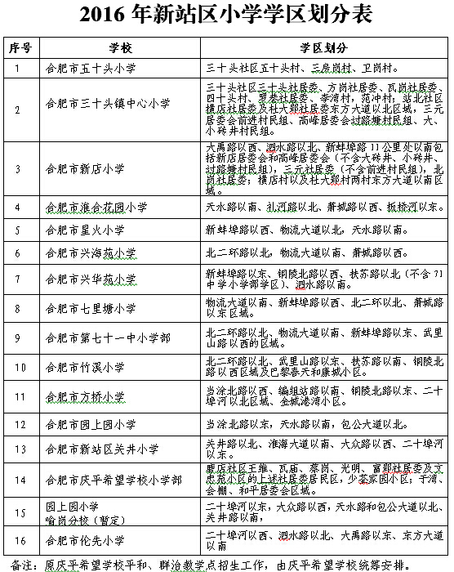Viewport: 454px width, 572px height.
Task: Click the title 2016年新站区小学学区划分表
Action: pyautogui.click(x=226, y=15)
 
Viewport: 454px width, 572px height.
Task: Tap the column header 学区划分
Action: pyautogui.click(x=323, y=47)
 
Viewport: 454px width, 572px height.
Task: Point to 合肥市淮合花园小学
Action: pyautogui.click(x=97, y=207)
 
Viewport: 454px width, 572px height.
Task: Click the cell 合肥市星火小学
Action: pyautogui.click(x=86, y=230)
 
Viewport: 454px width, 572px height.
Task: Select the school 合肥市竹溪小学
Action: pyautogui.click(x=86, y=369)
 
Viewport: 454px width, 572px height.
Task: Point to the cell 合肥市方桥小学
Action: pyautogui.click(x=86, y=397)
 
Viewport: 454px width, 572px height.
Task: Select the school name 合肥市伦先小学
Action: pyautogui.click(x=86, y=540)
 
